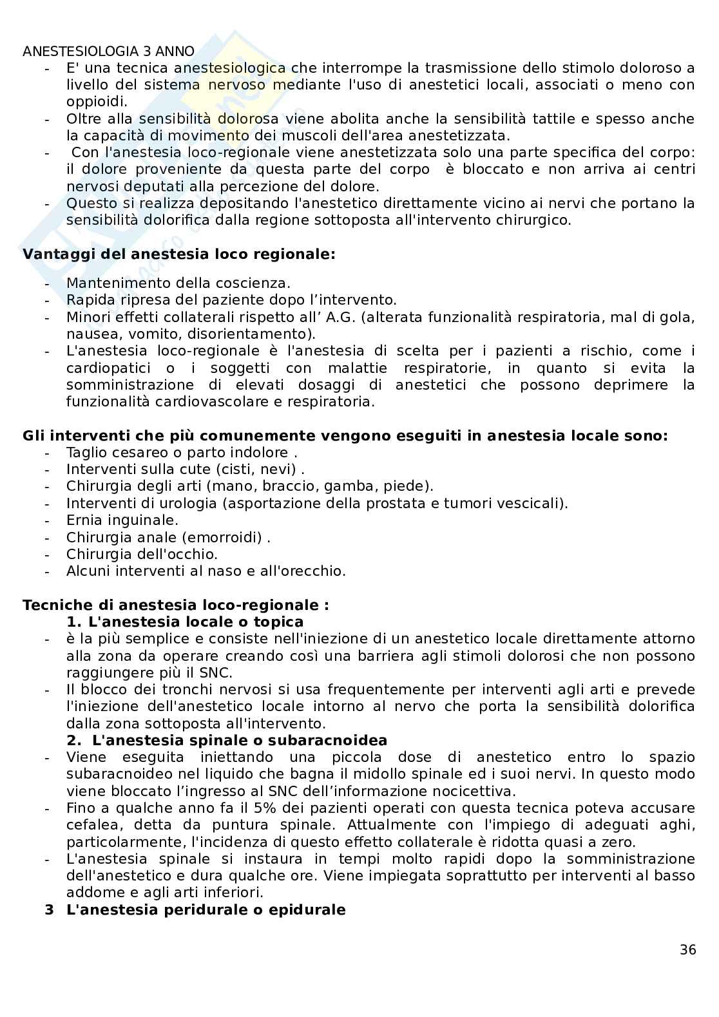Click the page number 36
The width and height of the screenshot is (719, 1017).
point(687,950)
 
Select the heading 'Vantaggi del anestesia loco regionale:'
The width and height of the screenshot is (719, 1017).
point(179,254)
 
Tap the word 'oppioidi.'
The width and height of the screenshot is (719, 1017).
point(97,101)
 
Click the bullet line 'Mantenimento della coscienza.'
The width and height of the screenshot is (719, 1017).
point(178,283)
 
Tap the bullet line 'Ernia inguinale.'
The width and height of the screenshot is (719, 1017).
point(122,520)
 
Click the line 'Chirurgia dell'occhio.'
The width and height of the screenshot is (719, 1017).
point(142,554)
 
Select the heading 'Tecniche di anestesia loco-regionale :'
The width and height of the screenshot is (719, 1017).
point(176,605)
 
